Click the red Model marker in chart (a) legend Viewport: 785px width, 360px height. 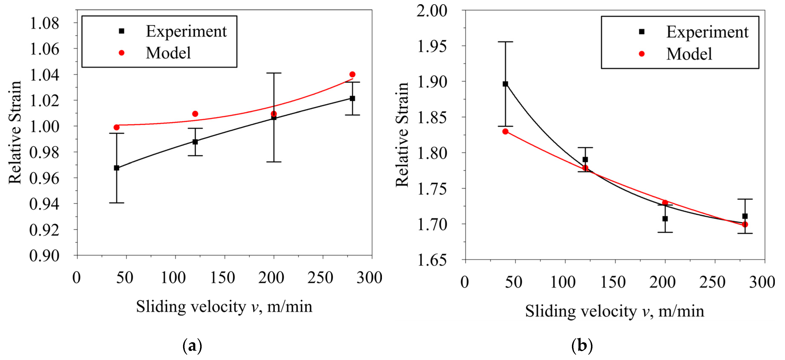click(x=121, y=53)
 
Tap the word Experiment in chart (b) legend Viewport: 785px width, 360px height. click(x=707, y=32)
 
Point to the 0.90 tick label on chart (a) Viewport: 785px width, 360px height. click(x=44, y=256)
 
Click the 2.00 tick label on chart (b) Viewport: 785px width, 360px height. click(x=432, y=11)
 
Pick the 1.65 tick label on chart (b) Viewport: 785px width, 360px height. click(x=432, y=260)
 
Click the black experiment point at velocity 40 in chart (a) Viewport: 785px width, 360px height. click(x=116, y=168)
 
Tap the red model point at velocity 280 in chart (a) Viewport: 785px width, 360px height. click(x=352, y=74)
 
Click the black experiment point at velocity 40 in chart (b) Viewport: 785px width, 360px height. click(x=505, y=84)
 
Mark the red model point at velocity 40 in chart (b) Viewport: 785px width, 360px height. click(x=505, y=132)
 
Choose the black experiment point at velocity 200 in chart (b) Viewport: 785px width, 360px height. click(x=665, y=219)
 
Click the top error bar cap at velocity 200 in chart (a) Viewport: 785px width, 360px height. click(x=274, y=73)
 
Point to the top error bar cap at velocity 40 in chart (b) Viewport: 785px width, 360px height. click(x=505, y=42)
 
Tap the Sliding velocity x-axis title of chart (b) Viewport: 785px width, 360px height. click(x=614, y=311)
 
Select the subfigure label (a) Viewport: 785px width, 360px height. click(x=192, y=346)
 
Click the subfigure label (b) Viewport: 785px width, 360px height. click(x=582, y=346)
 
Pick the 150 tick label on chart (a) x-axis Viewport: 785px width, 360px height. click(x=223, y=278)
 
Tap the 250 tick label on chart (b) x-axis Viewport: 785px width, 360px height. click(x=712, y=282)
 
